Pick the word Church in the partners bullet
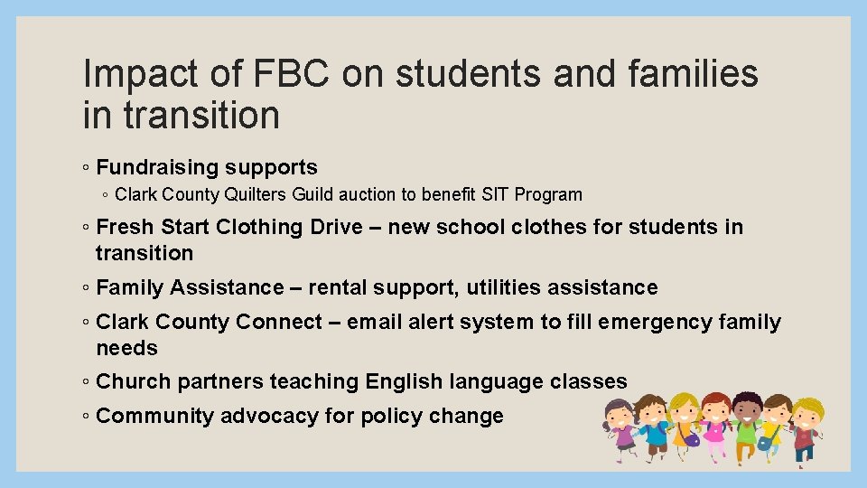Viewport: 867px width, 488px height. [134, 382]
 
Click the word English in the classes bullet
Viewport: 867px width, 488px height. [402, 382]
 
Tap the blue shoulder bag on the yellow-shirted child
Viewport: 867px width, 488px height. [764, 443]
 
